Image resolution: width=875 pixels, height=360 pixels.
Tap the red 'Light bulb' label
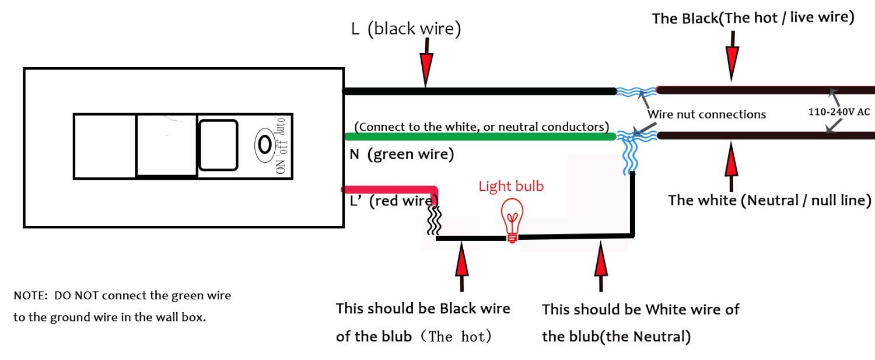tap(510, 186)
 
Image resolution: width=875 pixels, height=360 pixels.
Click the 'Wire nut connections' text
tap(706, 114)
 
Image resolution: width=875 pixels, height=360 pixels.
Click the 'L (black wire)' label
tap(405, 30)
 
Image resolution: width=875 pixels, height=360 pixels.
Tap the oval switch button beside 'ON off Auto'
tap(264, 143)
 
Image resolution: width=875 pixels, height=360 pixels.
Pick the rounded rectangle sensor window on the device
tap(218, 145)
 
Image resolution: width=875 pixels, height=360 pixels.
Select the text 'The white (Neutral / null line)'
tap(769, 201)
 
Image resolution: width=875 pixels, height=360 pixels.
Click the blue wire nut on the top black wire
tap(636, 91)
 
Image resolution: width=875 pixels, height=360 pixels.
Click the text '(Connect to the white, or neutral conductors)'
tap(481, 127)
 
